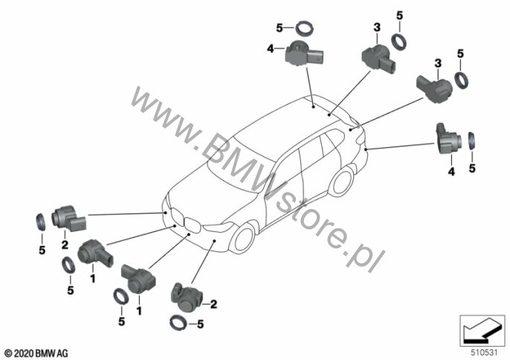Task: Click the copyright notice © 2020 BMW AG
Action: [x=36, y=353]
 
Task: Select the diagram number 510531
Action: [x=484, y=353]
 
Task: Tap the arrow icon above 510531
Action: [x=482, y=330]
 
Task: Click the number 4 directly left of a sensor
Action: [x=271, y=49]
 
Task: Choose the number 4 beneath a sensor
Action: [x=451, y=172]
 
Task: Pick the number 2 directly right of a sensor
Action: [x=213, y=304]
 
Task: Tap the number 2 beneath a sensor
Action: [x=65, y=245]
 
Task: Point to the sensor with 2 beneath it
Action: [x=68, y=219]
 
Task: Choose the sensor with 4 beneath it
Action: [x=448, y=138]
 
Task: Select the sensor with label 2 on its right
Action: [x=187, y=297]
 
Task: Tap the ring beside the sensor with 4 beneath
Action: [x=471, y=141]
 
